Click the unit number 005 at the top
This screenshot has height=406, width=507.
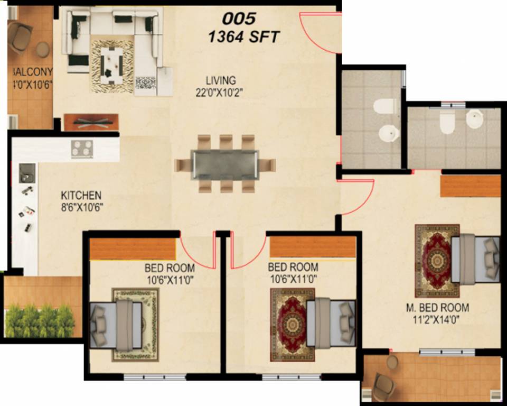click(x=239, y=19)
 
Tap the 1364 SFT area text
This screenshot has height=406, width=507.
click(x=244, y=37)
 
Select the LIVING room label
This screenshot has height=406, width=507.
click(x=221, y=80)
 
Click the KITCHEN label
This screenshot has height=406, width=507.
click(x=81, y=195)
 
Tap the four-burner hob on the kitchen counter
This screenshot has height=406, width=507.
click(x=81, y=149)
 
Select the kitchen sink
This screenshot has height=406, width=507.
click(x=26, y=172)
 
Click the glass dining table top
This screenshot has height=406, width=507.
click(x=225, y=164)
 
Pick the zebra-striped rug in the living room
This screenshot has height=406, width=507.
click(x=111, y=66)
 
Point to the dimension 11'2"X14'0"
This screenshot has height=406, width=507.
click(x=437, y=319)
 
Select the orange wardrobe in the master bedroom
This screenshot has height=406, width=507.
click(x=470, y=186)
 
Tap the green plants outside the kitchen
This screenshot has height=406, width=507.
click(x=39, y=320)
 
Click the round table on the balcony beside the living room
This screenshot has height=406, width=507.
click(x=43, y=49)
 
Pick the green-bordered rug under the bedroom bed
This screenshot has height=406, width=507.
click(x=135, y=324)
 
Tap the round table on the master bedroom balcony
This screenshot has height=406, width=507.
click(x=392, y=362)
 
